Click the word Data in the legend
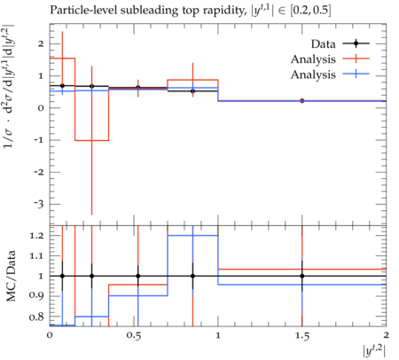coord(323,44)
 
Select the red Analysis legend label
coord(313,59)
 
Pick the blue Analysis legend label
coord(313,74)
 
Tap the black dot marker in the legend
coord(356,43)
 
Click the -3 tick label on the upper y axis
coord(40,204)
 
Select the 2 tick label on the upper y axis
coord(41,43)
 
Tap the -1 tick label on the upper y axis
coord(40,140)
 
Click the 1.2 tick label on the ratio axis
coord(36,236)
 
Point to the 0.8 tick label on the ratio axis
coord(36,317)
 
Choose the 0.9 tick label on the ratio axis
coord(36,295)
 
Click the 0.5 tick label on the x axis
coord(135,336)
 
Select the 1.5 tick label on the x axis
coord(302,336)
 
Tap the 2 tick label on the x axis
coord(386,335)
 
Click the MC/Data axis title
coord(11,276)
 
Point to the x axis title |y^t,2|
coord(374,351)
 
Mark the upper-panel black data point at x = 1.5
coord(302,101)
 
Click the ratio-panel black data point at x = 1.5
coord(302,276)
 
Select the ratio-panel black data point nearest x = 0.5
coord(138,276)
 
